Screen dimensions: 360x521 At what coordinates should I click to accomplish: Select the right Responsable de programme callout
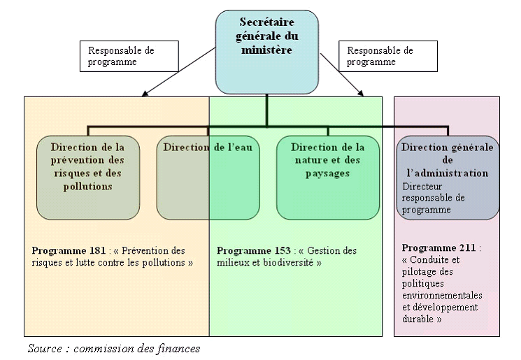pos(388,56)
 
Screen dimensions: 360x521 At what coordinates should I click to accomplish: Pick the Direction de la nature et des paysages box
pos(327,177)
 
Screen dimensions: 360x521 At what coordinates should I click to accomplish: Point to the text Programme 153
pos(253,250)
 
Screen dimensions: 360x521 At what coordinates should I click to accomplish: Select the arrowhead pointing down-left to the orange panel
pos(143,95)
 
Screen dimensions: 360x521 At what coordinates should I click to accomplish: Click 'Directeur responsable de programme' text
pos(434,199)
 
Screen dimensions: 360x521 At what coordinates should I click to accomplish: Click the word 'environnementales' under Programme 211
pos(442,295)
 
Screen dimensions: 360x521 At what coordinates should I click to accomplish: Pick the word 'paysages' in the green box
pos(327,173)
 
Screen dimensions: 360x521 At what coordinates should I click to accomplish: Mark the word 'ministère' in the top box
pos(266,50)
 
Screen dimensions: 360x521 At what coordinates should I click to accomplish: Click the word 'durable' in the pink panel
pos(418,318)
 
